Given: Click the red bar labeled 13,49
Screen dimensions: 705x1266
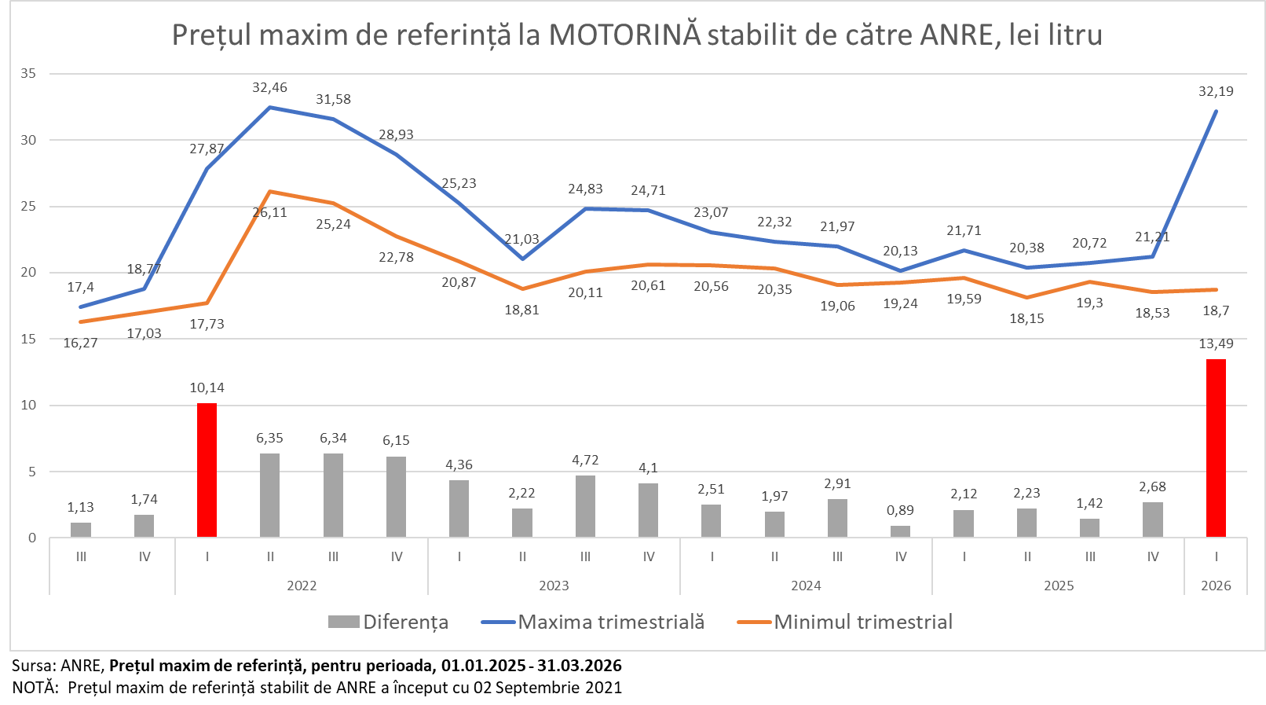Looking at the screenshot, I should [1216, 448].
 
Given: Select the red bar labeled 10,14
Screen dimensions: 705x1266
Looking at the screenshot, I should [207, 470].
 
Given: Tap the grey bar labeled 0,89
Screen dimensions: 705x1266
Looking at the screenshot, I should [900, 531].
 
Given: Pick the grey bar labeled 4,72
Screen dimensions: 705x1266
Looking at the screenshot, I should [585, 506].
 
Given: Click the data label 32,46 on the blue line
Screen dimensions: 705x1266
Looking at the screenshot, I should [269, 87].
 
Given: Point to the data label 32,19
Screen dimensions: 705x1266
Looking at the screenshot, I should [1216, 91].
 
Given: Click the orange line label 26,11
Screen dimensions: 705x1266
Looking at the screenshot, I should [269, 212].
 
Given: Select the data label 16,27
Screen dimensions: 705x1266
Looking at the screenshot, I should [80, 343].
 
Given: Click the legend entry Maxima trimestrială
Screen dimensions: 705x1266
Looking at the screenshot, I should [611, 622].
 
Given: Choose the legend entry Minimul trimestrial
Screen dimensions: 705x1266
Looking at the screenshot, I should [863, 622].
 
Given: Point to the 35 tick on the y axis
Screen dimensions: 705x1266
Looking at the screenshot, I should [28, 73].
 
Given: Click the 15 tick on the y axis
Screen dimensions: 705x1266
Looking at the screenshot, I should [28, 339].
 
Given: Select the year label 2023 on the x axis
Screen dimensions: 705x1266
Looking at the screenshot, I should [554, 586].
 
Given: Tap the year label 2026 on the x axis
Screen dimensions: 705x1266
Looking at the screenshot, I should [1216, 586].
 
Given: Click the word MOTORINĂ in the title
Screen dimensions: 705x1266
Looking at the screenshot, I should [624, 35].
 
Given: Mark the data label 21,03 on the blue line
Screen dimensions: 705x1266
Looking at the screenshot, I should [521, 239].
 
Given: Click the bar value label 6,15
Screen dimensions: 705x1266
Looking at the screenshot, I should [396, 440].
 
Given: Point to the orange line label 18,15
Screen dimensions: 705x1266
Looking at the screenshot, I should [1026, 318].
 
